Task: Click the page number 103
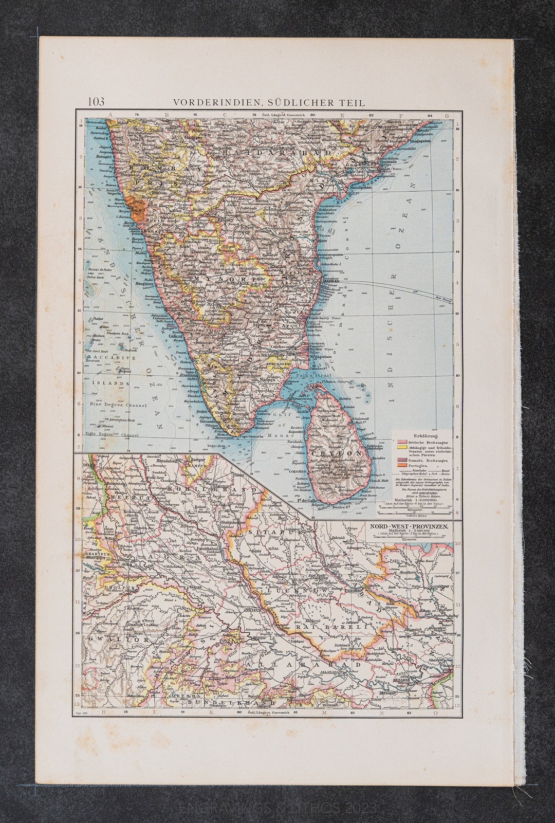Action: point(96,101)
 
